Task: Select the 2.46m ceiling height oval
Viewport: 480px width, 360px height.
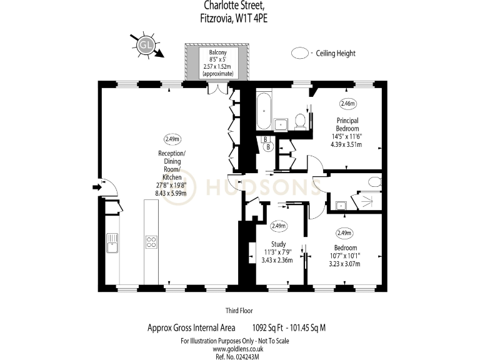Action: tap(347, 103)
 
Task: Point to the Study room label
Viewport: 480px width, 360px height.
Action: tap(278, 244)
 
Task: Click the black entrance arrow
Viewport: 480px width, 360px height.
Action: tap(96, 186)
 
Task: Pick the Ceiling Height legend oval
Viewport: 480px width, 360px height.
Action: tap(301, 54)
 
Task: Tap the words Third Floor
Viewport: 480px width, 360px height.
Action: tap(239, 310)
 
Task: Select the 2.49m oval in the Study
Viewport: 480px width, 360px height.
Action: tap(279, 226)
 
